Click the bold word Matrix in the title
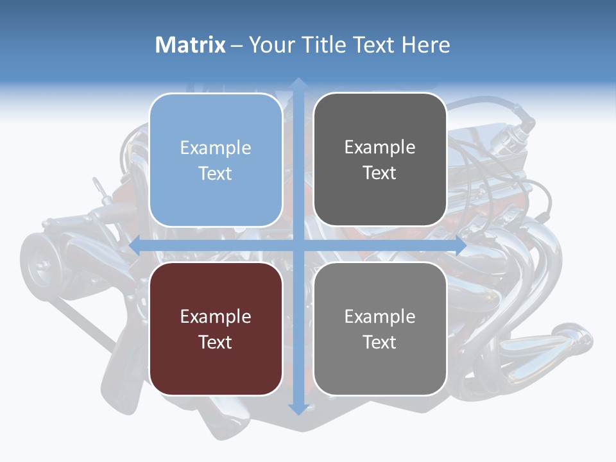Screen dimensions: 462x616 [191, 45]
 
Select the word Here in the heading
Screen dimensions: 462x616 [426, 45]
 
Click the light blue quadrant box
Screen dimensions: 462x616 [216, 160]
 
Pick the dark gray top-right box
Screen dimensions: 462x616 [380, 160]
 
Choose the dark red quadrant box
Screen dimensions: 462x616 [216, 329]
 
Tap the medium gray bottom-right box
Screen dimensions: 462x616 [380, 329]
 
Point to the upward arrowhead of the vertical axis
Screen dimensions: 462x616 [298, 84]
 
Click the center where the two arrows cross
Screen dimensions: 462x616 [298, 245]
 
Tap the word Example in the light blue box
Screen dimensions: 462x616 [216, 148]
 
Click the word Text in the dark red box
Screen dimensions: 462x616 [216, 342]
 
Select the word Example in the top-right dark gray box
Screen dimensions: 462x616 [380, 148]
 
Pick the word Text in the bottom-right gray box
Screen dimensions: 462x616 [380, 342]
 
